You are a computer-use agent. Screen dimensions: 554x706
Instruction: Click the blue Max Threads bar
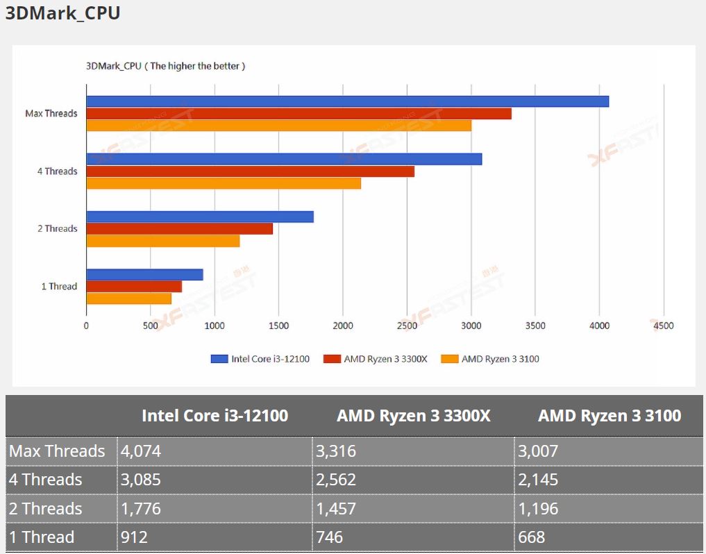347,101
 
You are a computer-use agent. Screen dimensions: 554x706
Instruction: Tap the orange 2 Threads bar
162,241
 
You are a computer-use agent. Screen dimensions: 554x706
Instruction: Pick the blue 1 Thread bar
144,275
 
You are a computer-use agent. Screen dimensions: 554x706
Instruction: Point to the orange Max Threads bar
278,126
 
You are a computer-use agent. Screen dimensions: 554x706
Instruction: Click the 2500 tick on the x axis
407,325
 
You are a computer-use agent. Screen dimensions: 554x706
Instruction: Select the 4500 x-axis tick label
664,325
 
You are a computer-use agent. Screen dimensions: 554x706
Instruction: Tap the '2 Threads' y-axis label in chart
58,228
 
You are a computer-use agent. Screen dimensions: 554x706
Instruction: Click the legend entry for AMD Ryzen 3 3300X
378,359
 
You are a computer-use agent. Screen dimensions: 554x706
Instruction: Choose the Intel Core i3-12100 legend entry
261,359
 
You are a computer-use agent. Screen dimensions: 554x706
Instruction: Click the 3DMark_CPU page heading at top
63,13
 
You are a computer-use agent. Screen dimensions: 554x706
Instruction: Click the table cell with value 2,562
336,480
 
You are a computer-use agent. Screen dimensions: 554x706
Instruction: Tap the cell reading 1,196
538,509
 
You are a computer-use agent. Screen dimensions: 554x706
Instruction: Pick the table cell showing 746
329,537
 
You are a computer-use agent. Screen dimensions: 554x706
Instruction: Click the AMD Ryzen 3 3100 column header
610,416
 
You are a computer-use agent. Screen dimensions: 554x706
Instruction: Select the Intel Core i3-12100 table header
215,416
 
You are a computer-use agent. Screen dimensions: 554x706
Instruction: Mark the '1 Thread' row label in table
42,537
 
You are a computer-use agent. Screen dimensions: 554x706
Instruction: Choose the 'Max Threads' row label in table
57,451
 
